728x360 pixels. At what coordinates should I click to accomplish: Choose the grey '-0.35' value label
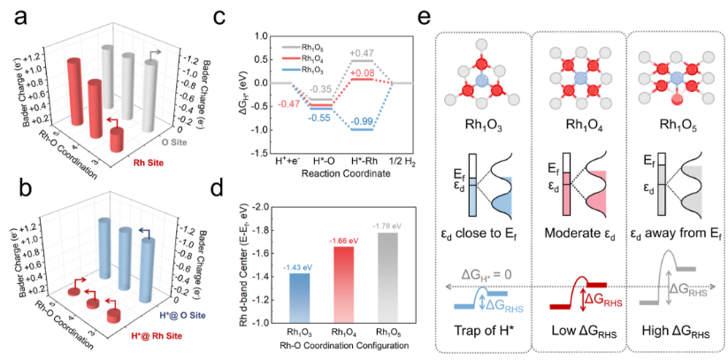coord(321,88)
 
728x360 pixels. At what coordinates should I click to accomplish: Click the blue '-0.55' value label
coord(321,117)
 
